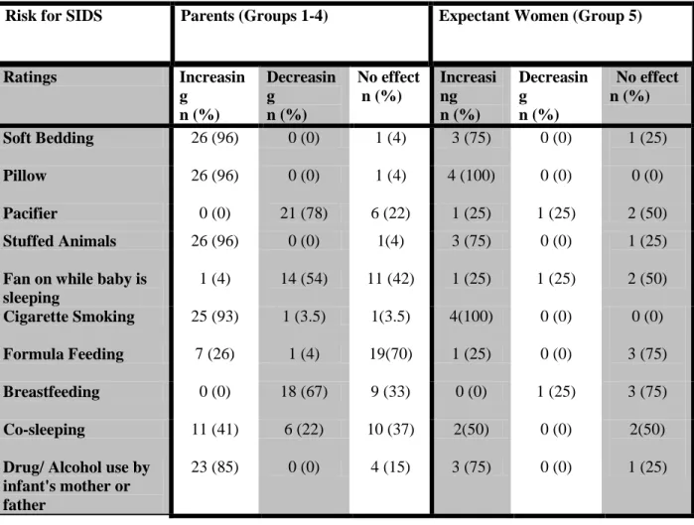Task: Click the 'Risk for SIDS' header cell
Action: (x=54, y=16)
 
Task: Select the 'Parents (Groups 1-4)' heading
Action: (x=254, y=16)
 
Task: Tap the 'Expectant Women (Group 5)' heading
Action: (x=540, y=16)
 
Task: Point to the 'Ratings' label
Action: (x=30, y=77)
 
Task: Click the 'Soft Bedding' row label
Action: (x=49, y=138)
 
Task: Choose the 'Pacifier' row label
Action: (x=30, y=213)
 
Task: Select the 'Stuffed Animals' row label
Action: (x=60, y=241)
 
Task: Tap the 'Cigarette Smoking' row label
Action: (x=69, y=317)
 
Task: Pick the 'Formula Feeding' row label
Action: (x=64, y=354)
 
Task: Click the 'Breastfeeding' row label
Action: (x=52, y=392)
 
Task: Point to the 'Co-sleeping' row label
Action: (x=44, y=430)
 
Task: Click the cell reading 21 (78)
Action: (x=304, y=213)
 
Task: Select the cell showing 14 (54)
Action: (x=304, y=279)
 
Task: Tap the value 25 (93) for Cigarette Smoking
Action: (x=214, y=317)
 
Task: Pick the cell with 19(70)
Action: (x=391, y=354)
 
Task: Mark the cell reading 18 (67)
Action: (x=304, y=391)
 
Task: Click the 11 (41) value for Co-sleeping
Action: (x=214, y=430)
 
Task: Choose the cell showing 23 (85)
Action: (x=214, y=467)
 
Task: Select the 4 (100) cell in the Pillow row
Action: (x=471, y=176)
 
